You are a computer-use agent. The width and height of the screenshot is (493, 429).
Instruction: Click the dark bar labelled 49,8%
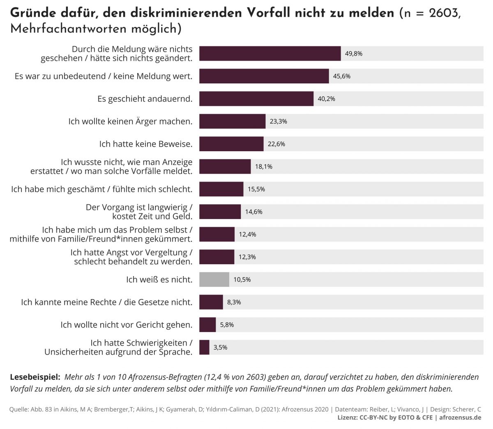270,53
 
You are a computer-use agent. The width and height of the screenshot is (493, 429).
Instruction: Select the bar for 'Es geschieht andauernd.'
256,99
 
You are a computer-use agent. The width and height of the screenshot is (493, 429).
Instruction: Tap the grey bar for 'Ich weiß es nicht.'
214,279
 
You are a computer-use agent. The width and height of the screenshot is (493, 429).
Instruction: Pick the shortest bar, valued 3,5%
204,347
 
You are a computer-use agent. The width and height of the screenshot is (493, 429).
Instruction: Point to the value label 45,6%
341,76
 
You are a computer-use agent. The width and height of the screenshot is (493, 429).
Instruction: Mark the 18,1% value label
263,166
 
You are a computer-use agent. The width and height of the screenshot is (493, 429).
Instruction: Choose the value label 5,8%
227,325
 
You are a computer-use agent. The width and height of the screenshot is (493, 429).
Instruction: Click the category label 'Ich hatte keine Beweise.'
146,144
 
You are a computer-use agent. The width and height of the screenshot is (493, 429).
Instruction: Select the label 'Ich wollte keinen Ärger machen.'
130,121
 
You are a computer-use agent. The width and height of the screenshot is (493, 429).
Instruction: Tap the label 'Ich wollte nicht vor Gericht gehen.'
127,325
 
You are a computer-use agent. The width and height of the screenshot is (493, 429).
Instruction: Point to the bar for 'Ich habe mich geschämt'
221,189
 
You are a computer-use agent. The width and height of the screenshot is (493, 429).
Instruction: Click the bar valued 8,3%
211,302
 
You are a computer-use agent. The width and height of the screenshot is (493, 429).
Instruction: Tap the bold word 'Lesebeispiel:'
35,376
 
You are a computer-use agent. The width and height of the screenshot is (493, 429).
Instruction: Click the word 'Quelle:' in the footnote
19,409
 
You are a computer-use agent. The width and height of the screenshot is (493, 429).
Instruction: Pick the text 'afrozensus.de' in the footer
460,417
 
